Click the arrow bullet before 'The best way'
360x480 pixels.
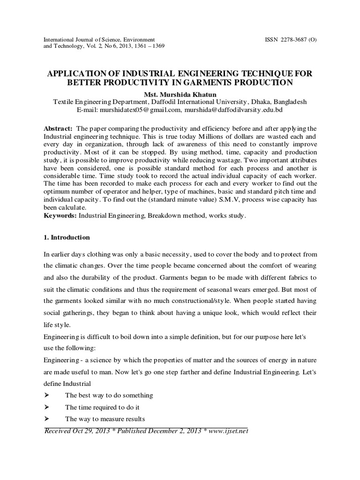(46, 395)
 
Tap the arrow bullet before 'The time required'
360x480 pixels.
(46, 407)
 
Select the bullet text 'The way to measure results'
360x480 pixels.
(105, 419)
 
